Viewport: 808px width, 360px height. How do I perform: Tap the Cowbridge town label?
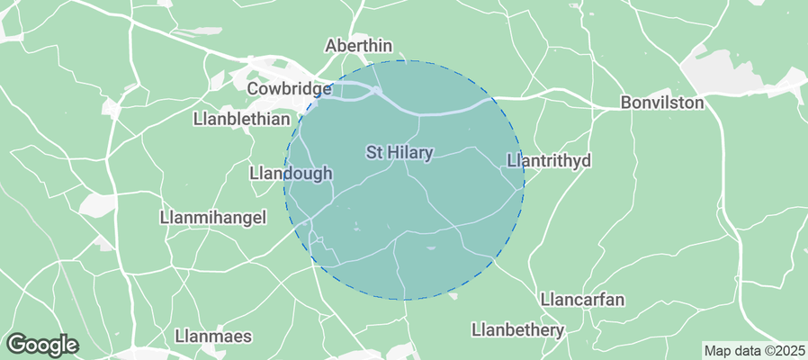point(290,89)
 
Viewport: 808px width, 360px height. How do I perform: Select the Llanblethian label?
point(242,119)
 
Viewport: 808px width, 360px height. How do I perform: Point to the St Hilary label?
point(400,153)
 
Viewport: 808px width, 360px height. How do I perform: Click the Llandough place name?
point(291,173)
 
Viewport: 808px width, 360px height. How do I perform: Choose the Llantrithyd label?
point(549,161)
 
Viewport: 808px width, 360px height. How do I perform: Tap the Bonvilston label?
point(662,103)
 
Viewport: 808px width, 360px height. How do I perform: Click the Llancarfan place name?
point(582,299)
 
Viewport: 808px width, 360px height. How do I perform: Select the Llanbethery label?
point(517,330)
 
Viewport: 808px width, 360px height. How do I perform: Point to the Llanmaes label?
point(213,337)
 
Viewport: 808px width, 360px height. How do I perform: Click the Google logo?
point(41,344)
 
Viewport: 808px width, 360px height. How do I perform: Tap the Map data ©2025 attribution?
point(754,350)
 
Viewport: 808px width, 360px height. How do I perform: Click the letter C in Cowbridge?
point(253,89)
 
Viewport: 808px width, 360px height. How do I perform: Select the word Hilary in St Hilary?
point(411,153)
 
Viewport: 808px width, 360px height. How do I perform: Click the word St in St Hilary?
point(375,153)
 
